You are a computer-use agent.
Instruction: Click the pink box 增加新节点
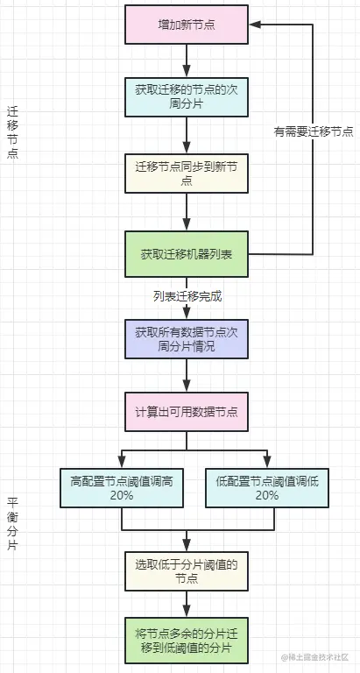click(187, 24)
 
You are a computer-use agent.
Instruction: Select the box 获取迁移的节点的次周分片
click(187, 97)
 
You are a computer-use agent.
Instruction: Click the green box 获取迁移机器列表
click(187, 254)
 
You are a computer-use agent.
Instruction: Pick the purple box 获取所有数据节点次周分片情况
click(187, 340)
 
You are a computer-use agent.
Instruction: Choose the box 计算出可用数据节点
click(187, 411)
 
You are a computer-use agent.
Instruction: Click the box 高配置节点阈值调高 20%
click(122, 486)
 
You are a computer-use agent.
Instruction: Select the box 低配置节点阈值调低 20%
click(253, 486)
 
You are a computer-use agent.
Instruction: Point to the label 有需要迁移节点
click(313, 131)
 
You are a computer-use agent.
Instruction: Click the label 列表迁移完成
click(187, 296)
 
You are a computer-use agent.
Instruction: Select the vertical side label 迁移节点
click(11, 132)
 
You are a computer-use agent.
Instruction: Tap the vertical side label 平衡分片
click(11, 525)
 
